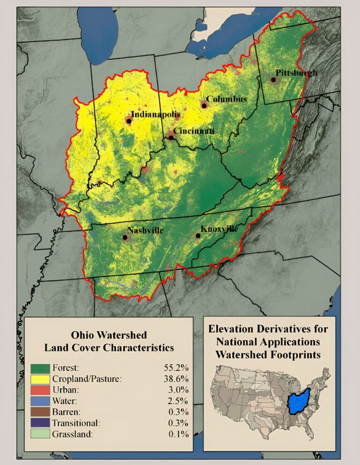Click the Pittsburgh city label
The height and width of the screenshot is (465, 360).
coord(296,73)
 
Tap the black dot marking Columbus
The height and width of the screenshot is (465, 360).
coord(204,105)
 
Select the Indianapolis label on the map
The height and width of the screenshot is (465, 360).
coord(155,114)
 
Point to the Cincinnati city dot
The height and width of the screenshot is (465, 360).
coord(172,138)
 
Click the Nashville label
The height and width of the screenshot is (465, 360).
coord(145,230)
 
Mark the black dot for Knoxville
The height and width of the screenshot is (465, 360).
coord(198,236)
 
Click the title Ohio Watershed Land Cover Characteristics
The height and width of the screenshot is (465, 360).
coord(109,341)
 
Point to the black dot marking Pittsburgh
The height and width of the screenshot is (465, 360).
coord(273,80)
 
